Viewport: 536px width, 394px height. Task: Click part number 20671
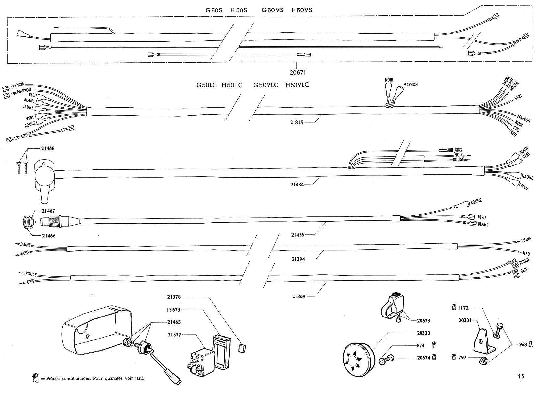(x=298, y=72)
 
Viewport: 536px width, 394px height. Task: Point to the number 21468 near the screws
(x=48, y=148)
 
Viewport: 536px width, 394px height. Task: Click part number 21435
(x=298, y=235)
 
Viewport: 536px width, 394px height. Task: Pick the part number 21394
(x=298, y=259)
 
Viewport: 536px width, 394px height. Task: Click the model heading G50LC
(x=206, y=85)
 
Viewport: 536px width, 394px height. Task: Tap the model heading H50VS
(x=302, y=10)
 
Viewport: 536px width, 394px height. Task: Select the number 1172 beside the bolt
(x=462, y=308)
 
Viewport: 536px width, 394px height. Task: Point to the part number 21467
(x=48, y=211)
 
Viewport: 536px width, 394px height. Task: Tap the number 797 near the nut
(x=462, y=357)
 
